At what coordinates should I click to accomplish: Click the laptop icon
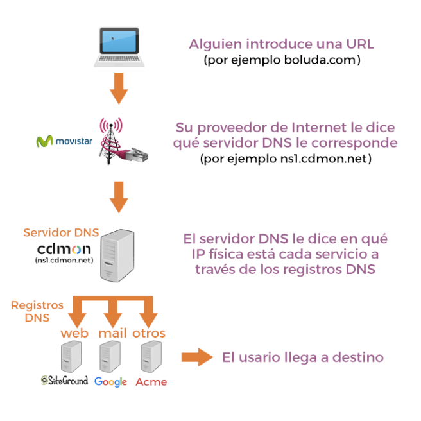click(118, 47)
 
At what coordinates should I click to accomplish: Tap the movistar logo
click(62, 141)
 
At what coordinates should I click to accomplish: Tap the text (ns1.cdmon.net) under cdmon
click(63, 261)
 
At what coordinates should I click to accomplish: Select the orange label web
click(74, 333)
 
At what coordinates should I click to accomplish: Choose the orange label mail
click(113, 333)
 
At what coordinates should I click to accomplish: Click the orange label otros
click(149, 333)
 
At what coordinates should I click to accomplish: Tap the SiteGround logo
click(64, 381)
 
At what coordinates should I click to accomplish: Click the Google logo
click(110, 381)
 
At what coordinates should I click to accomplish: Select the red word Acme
click(151, 382)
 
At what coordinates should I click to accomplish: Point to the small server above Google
click(110, 356)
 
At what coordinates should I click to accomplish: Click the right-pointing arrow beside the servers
click(196, 357)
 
